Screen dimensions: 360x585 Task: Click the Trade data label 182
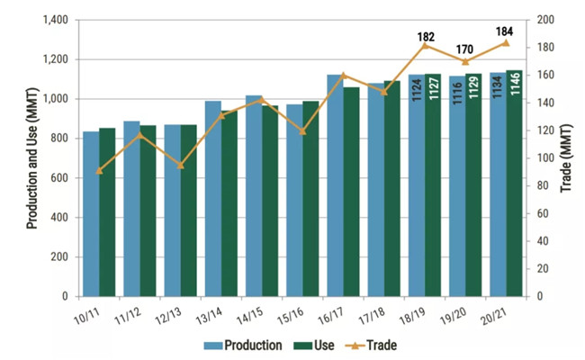(426, 37)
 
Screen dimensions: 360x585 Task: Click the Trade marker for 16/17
(343, 75)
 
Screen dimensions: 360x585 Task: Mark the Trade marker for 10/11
(99, 170)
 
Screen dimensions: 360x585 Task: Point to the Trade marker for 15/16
(302, 131)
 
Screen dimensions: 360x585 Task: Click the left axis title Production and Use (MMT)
(31, 158)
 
